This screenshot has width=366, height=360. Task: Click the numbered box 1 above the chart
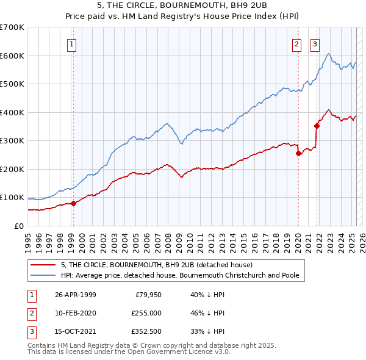click(x=72, y=43)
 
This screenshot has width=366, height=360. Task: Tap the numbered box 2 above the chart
click(x=296, y=43)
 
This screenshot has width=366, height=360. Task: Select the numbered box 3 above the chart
click(x=315, y=43)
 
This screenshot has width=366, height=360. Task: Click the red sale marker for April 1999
click(x=73, y=203)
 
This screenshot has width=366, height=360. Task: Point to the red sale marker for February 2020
click(x=298, y=154)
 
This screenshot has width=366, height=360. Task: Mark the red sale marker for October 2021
click(x=317, y=126)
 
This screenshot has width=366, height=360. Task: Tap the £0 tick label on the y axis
click(x=19, y=226)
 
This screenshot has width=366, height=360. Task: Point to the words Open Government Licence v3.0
click(x=179, y=352)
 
